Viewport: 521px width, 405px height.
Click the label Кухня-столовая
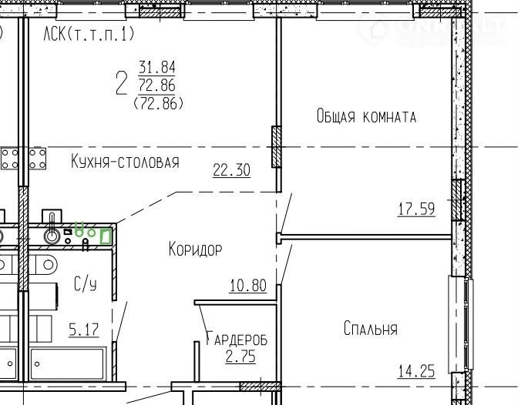click(x=125, y=162)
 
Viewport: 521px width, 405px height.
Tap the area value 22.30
click(x=231, y=170)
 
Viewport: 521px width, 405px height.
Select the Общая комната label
click(x=366, y=116)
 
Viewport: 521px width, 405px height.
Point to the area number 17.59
click(x=416, y=209)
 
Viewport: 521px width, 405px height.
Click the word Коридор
click(x=196, y=249)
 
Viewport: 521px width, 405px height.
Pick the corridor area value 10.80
click(x=248, y=286)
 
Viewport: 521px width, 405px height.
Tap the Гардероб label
click(x=237, y=339)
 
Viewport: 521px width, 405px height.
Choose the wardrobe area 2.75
click(x=240, y=356)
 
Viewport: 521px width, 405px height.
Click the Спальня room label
click(x=371, y=329)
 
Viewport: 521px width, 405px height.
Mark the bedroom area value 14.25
click(x=416, y=371)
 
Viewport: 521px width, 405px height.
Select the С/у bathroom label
click(x=86, y=284)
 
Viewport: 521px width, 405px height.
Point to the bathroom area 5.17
click(x=84, y=330)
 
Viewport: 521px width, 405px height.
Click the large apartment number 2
click(x=122, y=84)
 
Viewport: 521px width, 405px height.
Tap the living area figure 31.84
click(x=156, y=68)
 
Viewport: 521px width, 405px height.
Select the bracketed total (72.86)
click(x=158, y=104)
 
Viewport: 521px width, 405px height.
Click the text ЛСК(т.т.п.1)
click(x=89, y=34)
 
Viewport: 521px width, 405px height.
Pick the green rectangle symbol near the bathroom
click(x=106, y=236)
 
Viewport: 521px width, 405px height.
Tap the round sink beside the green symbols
click(x=52, y=236)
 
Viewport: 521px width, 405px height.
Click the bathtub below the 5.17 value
click(x=68, y=364)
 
